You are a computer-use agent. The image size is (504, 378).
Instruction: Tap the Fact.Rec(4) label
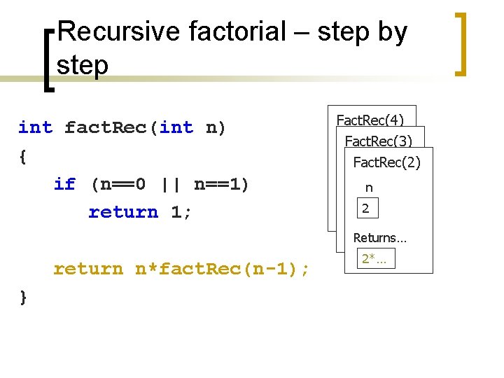pos(370,120)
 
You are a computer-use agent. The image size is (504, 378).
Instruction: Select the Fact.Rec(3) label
pos(378,141)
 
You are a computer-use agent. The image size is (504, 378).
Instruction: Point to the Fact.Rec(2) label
pos(386,162)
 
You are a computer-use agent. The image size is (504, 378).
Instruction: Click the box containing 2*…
pos(376,259)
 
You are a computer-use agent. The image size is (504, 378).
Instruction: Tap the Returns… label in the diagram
pos(379,238)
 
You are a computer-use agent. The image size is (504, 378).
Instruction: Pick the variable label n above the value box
pos(369,188)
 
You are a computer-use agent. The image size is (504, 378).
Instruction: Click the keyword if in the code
pos(64,184)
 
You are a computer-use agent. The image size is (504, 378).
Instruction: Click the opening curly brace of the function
pos(24,157)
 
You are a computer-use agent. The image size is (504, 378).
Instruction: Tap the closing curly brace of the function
pos(24,297)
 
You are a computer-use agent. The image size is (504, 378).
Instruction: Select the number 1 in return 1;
pos(176,212)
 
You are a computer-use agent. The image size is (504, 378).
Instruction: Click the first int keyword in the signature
pos(35,127)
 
